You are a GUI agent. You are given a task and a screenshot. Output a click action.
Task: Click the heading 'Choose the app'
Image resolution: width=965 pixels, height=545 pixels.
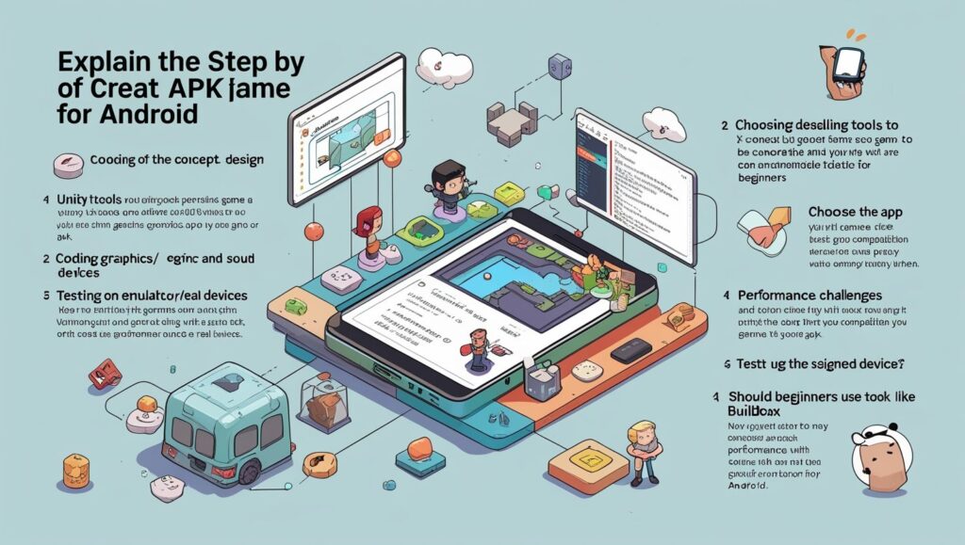coord(856,212)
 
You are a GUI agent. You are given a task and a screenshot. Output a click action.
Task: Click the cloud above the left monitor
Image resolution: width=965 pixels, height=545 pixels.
coord(444,67)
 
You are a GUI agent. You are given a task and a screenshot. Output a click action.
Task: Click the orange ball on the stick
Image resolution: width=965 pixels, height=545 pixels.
coord(311,231)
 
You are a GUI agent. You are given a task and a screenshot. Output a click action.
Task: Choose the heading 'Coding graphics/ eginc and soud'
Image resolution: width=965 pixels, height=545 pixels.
coord(161,258)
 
